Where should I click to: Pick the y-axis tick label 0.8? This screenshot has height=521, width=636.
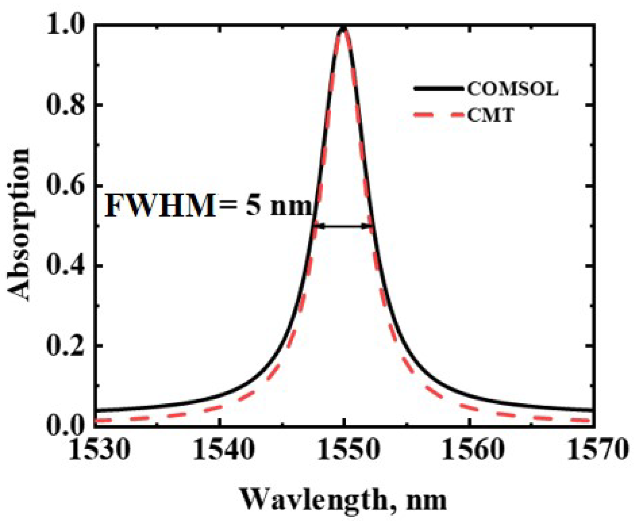point(65,105)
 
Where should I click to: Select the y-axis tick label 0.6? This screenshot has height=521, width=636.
point(65,185)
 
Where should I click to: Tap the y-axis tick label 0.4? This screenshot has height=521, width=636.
point(65,266)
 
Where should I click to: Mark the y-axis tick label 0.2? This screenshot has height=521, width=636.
point(65,346)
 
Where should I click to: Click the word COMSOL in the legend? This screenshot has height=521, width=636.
point(513,89)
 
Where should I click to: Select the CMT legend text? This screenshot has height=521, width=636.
point(490,116)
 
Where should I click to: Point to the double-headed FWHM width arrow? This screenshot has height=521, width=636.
point(343,226)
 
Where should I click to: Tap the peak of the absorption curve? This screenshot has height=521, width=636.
point(343,29)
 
